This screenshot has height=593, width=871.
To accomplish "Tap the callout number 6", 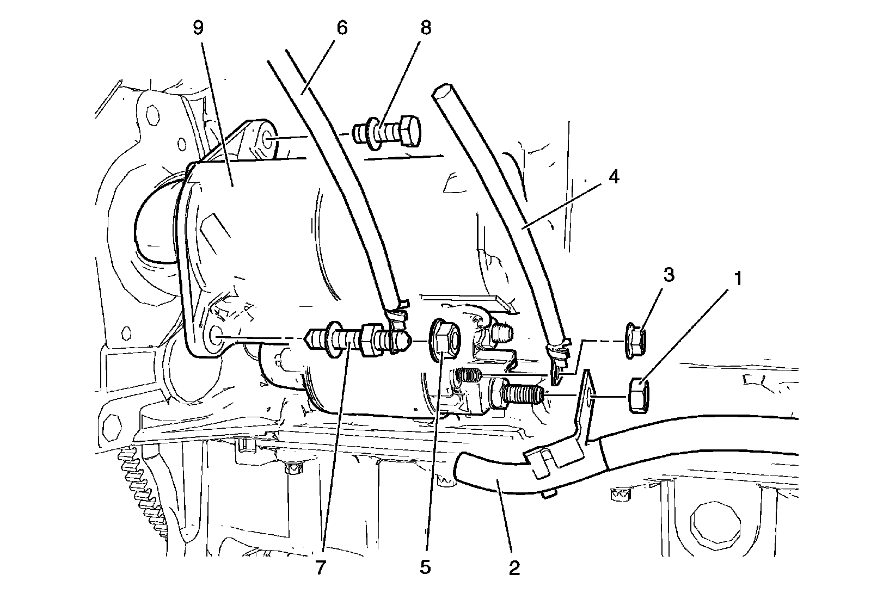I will [x=342, y=28].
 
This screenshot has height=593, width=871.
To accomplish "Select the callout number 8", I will [x=426, y=28].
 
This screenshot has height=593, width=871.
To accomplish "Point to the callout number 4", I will [x=614, y=177].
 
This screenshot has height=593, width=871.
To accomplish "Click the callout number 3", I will [x=668, y=275].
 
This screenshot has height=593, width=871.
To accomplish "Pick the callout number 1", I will [x=738, y=280].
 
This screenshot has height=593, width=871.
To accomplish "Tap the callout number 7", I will [x=320, y=568].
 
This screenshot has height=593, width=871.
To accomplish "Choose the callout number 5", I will [x=425, y=568].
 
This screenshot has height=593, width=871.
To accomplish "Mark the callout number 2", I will [x=514, y=568].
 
